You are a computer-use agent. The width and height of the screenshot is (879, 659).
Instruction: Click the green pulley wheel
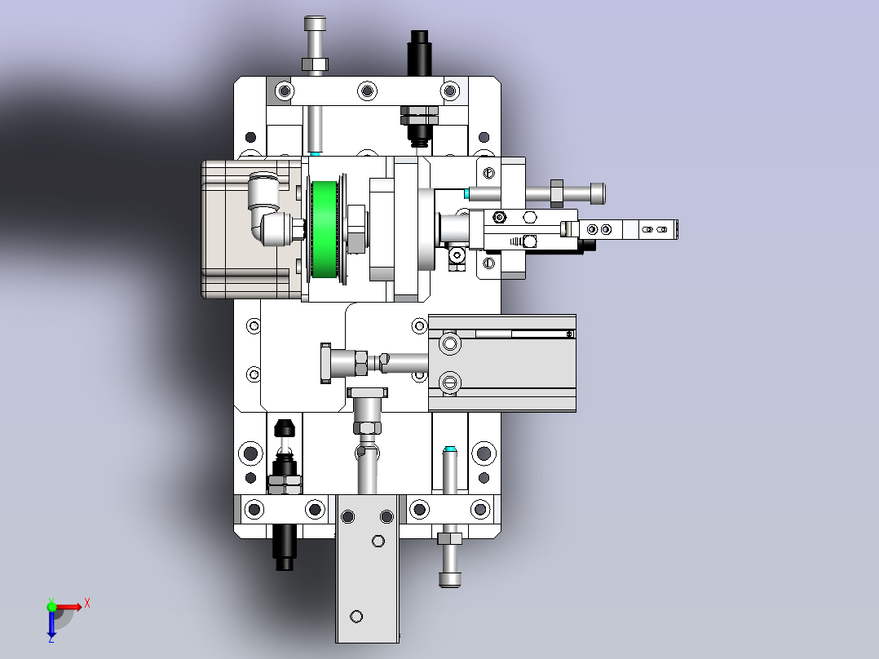(x=325, y=230)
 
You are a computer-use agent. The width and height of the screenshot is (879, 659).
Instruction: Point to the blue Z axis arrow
(x=51, y=622)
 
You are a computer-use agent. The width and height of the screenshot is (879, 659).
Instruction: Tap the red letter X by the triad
(x=87, y=604)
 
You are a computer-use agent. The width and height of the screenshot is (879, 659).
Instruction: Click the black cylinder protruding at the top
(x=420, y=53)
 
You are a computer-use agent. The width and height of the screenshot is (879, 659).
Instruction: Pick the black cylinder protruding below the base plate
(x=285, y=547)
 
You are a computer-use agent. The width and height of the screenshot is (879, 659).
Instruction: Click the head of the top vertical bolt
(x=315, y=24)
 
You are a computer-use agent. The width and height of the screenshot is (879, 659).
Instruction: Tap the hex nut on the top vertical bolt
(x=315, y=64)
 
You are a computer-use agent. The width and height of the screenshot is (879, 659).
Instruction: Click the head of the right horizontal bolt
(x=598, y=193)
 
